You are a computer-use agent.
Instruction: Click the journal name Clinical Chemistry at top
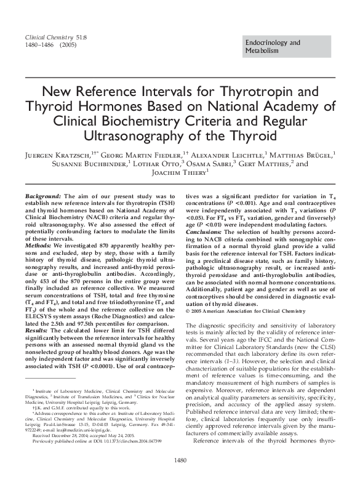[49, 36]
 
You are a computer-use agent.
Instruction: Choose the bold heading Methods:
[38, 245]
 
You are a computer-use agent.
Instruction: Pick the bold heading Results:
[37, 331]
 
